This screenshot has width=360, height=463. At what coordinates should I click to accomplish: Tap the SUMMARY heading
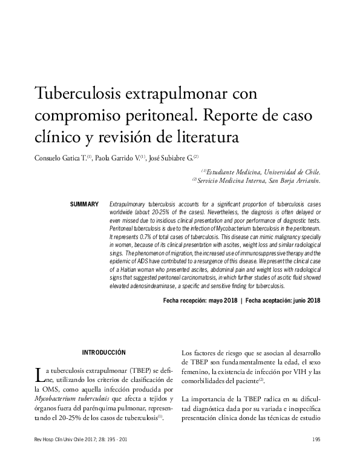pos(85,205)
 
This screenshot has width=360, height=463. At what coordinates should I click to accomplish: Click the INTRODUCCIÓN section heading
pos(103,352)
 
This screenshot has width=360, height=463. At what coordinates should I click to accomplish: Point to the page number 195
pos(315,439)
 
